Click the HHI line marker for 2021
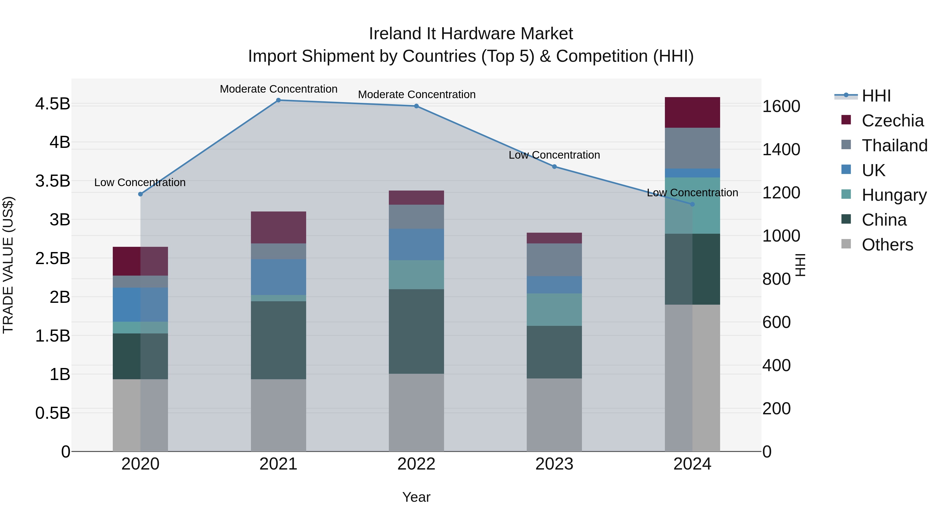pos(278,100)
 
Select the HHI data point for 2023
pos(554,167)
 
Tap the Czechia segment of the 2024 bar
pos(692,112)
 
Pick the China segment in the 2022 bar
pos(416,331)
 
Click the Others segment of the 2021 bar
pos(278,415)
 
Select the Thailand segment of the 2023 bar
pos(554,260)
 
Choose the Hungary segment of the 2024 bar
pos(692,205)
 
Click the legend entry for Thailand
pos(894,146)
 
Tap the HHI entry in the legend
pos(876,96)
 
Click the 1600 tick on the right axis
pos(781,107)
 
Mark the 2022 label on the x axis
pos(416,464)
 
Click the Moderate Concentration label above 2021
pos(279,89)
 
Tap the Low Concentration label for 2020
pos(140,182)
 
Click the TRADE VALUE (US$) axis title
pos(8,265)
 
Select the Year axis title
pos(416,497)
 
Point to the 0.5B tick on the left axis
pos(53,413)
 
